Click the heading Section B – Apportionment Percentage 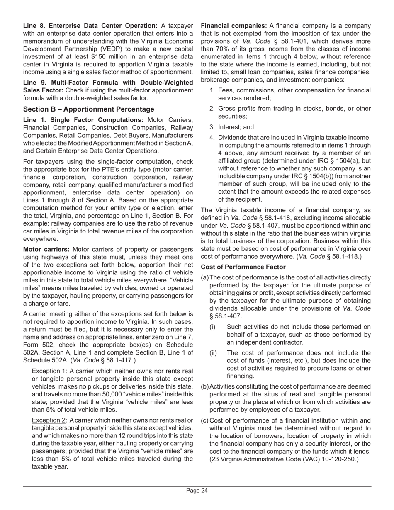click(89, 109)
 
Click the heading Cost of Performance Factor click(243, 267)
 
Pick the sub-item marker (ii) click(213, 353)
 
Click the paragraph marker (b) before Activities click(205, 386)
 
